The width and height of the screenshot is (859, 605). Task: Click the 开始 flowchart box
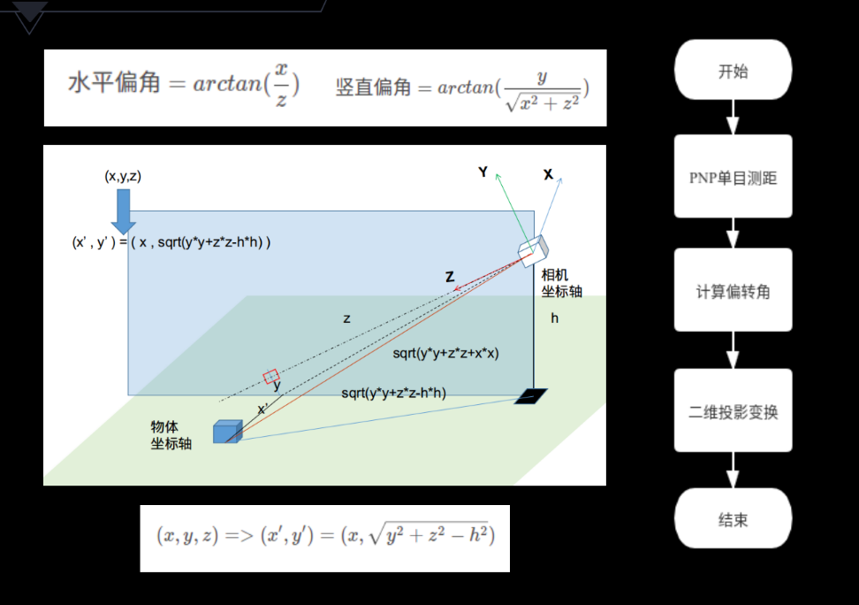(x=733, y=71)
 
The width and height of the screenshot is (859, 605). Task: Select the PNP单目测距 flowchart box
(x=733, y=177)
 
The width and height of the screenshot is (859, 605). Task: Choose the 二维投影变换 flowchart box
(x=733, y=412)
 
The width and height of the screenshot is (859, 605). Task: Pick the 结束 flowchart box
(x=733, y=519)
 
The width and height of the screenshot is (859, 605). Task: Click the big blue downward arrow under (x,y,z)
(x=123, y=210)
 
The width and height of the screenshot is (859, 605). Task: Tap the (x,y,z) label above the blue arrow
(x=123, y=176)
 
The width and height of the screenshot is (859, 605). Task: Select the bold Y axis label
(x=483, y=172)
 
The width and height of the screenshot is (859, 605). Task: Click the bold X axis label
(x=548, y=174)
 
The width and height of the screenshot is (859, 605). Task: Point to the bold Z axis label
(x=450, y=277)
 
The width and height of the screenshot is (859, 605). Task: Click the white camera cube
(x=534, y=250)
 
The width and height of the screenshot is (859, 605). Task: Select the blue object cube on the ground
(x=227, y=431)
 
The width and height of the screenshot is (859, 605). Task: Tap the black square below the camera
(x=531, y=396)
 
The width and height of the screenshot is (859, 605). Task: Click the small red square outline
(x=271, y=377)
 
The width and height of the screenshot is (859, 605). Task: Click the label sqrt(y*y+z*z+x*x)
(x=445, y=353)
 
